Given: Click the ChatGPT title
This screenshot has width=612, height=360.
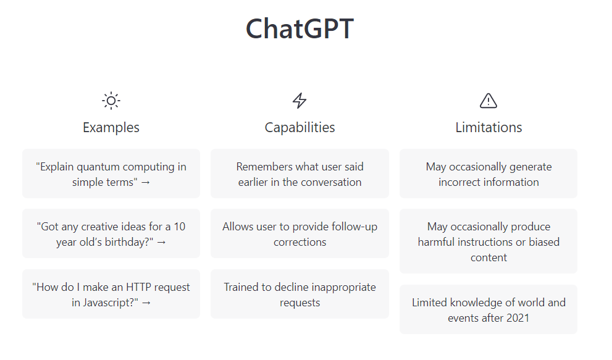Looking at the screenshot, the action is [300, 29].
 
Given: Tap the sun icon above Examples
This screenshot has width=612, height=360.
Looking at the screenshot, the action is [111, 101].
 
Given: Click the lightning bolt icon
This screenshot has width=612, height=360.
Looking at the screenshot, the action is [300, 101].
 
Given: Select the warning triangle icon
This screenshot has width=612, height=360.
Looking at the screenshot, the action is [488, 101].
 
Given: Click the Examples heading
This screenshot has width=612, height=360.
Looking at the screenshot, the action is [111, 127].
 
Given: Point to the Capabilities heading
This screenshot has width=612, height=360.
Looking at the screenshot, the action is [300, 128].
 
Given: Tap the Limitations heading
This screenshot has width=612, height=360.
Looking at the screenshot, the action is [488, 127].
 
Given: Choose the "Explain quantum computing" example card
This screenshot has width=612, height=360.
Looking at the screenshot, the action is [111, 174].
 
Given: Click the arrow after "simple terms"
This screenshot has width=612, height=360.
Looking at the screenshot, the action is [146, 183].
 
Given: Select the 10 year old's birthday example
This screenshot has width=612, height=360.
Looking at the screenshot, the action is [111, 233].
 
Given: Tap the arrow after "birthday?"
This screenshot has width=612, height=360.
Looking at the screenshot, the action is [162, 243].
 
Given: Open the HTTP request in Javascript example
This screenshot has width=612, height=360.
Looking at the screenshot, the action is [111, 294].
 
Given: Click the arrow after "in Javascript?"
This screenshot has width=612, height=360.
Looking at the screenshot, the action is [146, 303].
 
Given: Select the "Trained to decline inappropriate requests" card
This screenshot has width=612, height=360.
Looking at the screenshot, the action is [300, 294].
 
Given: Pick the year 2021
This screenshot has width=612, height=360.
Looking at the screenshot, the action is [518, 318].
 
